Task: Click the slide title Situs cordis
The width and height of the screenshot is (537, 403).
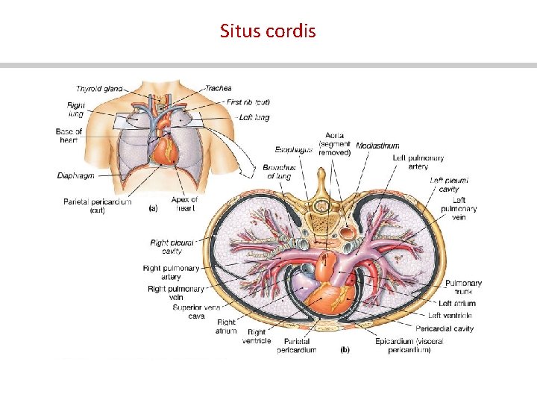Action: (268, 31)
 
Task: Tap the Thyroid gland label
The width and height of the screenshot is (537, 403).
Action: (99, 90)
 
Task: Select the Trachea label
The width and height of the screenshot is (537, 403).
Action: (219, 88)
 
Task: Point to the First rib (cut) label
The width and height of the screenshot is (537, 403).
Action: (249, 102)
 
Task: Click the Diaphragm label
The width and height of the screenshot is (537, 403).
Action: (77, 176)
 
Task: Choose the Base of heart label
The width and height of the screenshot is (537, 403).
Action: (69, 136)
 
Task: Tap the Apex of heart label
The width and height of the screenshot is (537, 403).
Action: (184, 204)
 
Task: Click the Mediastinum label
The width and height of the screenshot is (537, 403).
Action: (377, 146)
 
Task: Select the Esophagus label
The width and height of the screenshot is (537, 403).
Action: (294, 149)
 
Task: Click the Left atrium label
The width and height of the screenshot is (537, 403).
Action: (457, 304)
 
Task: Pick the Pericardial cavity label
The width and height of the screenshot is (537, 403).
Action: (445, 328)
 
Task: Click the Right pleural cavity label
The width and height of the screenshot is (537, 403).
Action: (171, 247)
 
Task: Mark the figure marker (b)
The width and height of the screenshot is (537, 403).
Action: (345, 349)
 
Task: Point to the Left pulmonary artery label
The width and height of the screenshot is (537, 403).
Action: (418, 163)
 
